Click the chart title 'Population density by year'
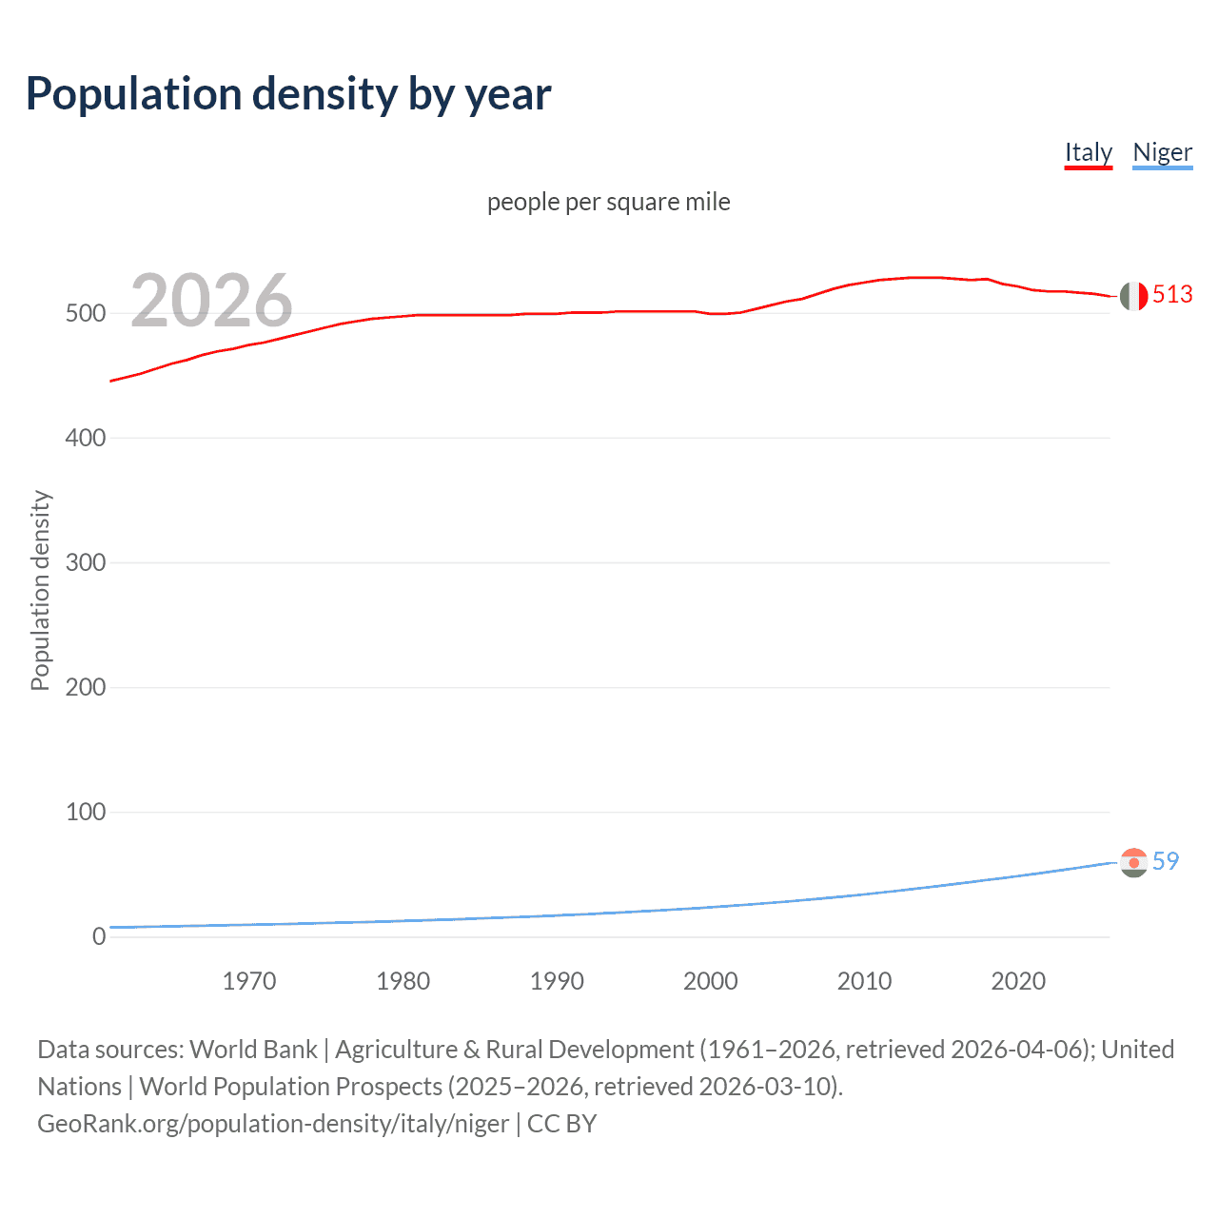288,94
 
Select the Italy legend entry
1088,152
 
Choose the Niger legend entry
1162,152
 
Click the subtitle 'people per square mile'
608,202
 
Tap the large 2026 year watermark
211,300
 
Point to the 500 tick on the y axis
85,313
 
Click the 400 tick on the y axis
85,438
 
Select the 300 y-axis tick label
85,562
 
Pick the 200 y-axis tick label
85,687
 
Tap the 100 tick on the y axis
85,812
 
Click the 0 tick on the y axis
98,936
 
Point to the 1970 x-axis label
249,981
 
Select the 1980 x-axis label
403,981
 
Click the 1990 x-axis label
557,981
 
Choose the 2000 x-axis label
711,981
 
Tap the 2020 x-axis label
1018,981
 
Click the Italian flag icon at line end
1133,296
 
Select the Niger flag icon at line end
1133,862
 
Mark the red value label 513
1172,295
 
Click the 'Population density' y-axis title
40,590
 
